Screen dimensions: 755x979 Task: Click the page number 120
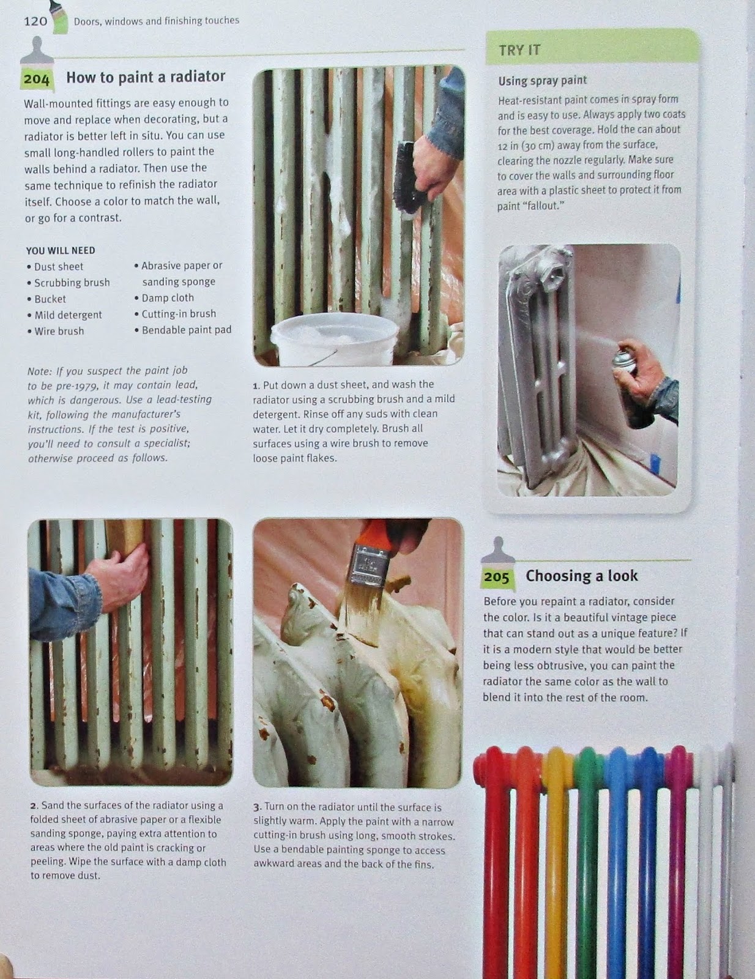click(35, 21)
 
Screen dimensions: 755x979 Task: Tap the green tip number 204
click(37, 80)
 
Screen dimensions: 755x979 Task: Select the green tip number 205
click(496, 577)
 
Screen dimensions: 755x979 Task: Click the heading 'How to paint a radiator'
click(146, 76)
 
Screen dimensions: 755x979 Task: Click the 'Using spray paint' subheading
click(542, 81)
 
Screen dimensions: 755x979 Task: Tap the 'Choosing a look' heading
click(582, 576)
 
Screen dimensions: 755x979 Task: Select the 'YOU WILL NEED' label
click(61, 250)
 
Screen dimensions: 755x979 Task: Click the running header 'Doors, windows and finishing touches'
click(156, 21)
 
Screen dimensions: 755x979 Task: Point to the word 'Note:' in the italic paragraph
click(40, 371)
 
